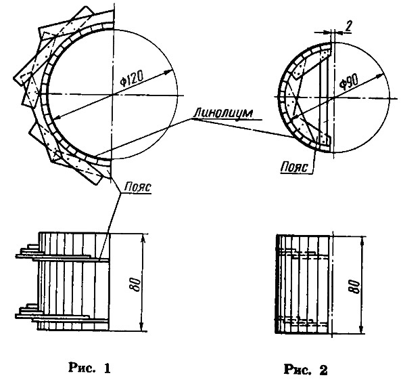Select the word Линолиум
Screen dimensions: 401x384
[x=223, y=114]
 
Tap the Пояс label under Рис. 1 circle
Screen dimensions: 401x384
[x=137, y=187]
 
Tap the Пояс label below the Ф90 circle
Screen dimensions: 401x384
[x=294, y=168]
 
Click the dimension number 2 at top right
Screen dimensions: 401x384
[x=348, y=26]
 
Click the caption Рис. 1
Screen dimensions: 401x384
[x=89, y=368]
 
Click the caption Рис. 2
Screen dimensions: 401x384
[x=306, y=369]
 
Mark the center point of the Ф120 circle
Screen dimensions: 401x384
[x=112, y=95]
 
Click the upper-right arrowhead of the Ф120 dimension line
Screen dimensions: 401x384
[x=168, y=72]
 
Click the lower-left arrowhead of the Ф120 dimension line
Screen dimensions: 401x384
[x=57, y=117]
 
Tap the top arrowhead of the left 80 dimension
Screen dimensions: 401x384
[x=143, y=238]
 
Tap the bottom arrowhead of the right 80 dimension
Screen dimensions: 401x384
[x=361, y=329]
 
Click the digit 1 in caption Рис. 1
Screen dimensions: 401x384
[x=107, y=368]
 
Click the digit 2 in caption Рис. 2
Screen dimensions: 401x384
[x=323, y=370]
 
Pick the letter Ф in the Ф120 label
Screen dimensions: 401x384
[x=124, y=83]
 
